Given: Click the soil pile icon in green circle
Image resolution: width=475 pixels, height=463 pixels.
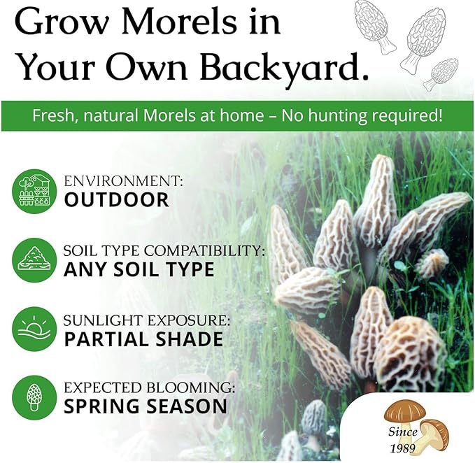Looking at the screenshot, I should coord(34,259).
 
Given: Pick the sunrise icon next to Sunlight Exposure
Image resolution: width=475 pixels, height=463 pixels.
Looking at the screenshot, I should coord(34,328).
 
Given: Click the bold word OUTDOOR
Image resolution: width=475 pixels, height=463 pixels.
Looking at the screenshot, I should coord(116,199).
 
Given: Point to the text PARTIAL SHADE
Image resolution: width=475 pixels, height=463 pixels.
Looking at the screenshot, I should coord(143,339).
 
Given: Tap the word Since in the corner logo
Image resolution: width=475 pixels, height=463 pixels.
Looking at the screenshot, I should coord(402,432).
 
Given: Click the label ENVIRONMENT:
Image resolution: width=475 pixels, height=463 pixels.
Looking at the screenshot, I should coord(123,181).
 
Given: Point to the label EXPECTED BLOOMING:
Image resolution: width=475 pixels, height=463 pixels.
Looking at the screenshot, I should coord(149,387).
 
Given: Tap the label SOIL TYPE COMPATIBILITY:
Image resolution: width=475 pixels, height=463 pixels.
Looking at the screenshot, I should coord(163,250).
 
